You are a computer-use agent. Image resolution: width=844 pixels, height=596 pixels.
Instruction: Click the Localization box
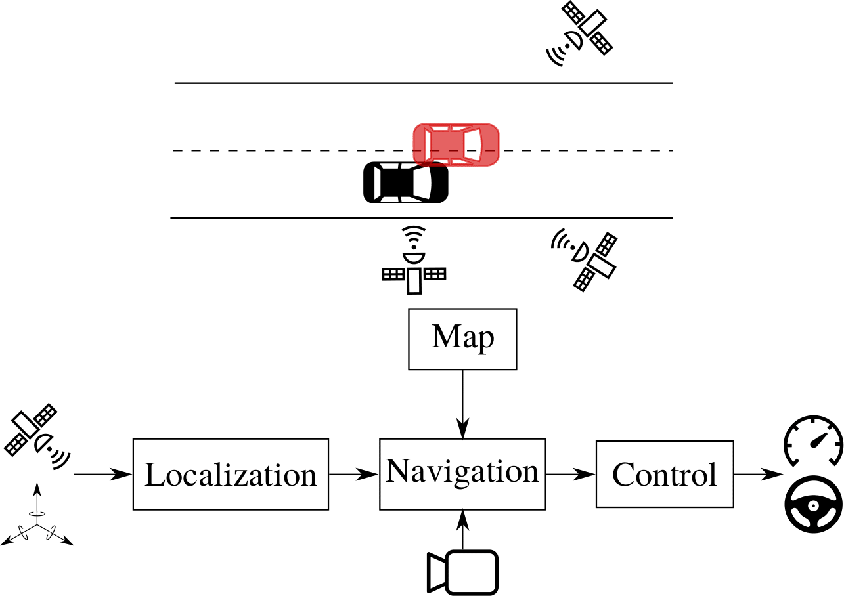click(x=231, y=474)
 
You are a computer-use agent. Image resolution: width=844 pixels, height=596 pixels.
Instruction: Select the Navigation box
click(x=462, y=474)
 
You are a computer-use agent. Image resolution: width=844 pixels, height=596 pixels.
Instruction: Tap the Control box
click(x=665, y=474)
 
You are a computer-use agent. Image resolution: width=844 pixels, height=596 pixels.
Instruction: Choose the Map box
click(x=463, y=339)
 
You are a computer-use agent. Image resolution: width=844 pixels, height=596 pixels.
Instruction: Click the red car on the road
click(x=456, y=144)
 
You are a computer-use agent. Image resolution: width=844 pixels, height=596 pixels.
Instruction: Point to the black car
click(x=406, y=182)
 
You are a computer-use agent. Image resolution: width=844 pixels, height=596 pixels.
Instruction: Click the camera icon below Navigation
click(x=463, y=571)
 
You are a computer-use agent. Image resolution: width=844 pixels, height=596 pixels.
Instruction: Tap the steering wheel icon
click(x=813, y=507)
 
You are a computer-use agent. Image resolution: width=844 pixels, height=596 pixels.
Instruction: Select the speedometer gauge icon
click(x=813, y=440)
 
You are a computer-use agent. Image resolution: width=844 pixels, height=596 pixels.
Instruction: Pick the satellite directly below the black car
click(x=414, y=261)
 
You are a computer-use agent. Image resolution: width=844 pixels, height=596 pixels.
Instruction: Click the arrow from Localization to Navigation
click(x=354, y=474)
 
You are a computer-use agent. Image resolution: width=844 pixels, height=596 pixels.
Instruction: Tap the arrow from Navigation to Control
click(x=570, y=474)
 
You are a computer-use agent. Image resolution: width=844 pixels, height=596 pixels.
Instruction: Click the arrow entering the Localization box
click(x=104, y=474)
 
